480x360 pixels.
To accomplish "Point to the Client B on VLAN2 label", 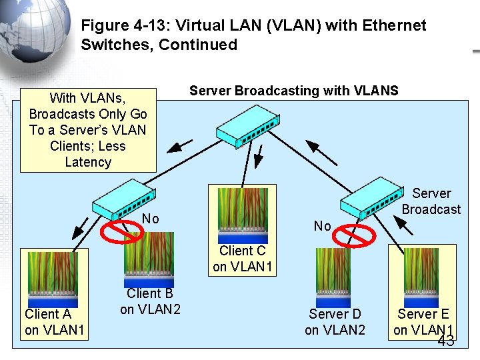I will pos(150,301).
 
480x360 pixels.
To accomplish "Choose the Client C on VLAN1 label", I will pos(242,259).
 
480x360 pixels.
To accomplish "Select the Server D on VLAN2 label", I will pos(335,322).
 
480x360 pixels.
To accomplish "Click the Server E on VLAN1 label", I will pos(423,322).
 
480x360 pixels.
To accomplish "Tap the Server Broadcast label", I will pos(431,201).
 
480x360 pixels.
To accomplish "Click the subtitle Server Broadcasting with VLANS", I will pos(293,91).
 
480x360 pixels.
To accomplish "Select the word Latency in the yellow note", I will pos(88,162).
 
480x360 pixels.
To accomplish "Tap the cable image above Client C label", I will pos(243,213).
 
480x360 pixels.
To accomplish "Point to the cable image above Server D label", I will pos(333,275).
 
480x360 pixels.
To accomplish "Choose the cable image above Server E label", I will pos(422,275).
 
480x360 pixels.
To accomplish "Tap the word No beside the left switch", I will pos(151,219).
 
